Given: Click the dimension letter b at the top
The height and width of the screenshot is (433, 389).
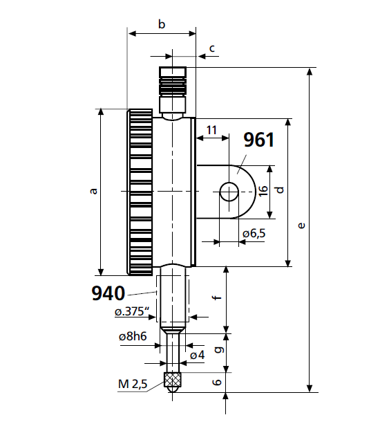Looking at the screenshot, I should (x=162, y=25).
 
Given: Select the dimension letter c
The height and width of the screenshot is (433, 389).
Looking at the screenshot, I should (x=212, y=48).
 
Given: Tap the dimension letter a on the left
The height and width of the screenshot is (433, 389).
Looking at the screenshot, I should (x=94, y=191).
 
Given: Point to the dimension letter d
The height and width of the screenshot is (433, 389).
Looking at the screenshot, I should (x=279, y=190).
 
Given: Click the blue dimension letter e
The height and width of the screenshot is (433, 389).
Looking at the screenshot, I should (x=300, y=225).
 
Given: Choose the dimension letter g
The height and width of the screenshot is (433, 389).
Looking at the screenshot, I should (x=216, y=351).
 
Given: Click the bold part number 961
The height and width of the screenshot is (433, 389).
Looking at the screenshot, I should (x=259, y=140).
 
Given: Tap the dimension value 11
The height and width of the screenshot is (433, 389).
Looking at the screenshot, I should (x=211, y=130).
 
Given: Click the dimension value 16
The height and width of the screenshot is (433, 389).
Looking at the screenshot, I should (x=263, y=191).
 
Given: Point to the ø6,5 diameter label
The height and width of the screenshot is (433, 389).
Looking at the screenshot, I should (x=254, y=234).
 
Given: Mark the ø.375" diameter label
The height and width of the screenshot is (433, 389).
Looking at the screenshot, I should (x=133, y=312).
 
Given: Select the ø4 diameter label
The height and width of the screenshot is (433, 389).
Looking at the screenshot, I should (x=197, y=355).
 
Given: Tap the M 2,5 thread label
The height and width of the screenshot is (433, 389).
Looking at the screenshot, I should (x=132, y=385).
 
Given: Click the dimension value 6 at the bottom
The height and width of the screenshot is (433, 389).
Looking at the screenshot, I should (x=216, y=383).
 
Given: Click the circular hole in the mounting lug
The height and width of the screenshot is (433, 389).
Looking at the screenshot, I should (x=228, y=192).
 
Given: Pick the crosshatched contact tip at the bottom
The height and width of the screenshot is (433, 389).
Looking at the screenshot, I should (x=172, y=379).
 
